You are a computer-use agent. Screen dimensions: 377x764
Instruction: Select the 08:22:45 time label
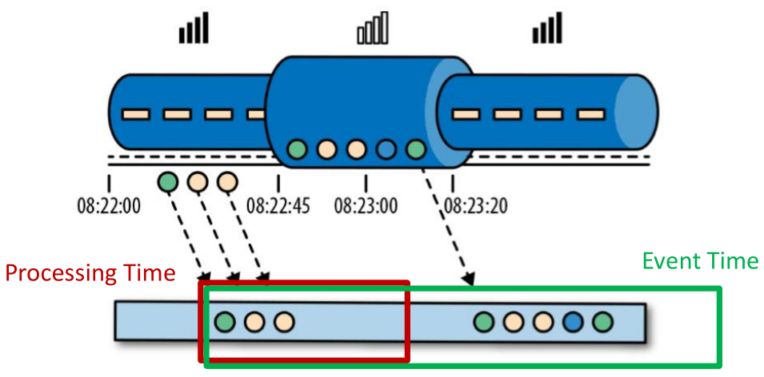277,206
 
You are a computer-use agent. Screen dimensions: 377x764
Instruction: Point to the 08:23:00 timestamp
366,206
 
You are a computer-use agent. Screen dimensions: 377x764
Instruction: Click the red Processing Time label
90,273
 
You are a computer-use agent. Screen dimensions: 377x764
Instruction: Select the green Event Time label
700,261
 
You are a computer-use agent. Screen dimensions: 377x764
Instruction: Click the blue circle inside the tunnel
386,149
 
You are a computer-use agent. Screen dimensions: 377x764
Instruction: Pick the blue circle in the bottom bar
572,322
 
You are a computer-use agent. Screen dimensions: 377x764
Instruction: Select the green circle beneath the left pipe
168,182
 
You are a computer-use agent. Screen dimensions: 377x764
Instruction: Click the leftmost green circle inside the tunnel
297,149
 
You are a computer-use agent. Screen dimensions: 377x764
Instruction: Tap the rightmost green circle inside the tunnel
414,149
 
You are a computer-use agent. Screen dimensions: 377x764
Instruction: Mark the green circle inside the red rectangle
225,322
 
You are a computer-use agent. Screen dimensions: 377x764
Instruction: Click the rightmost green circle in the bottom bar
602,322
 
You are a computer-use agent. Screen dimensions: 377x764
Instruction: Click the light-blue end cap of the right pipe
640,113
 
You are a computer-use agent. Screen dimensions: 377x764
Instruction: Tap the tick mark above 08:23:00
366,181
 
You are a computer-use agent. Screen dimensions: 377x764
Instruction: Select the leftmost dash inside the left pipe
134,114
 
